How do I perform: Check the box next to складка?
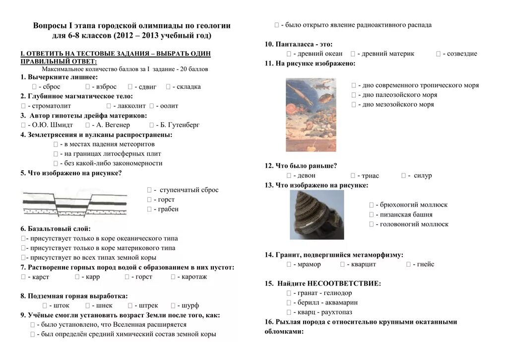(x=168, y=87)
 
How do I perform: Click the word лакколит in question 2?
(x=132, y=106)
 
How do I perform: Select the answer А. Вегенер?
(x=113, y=125)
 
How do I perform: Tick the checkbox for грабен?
(x=149, y=210)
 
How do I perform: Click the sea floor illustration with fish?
(x=311, y=115)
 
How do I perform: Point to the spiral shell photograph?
(x=317, y=215)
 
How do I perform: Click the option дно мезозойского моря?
(x=398, y=105)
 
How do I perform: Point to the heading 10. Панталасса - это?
(x=299, y=44)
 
